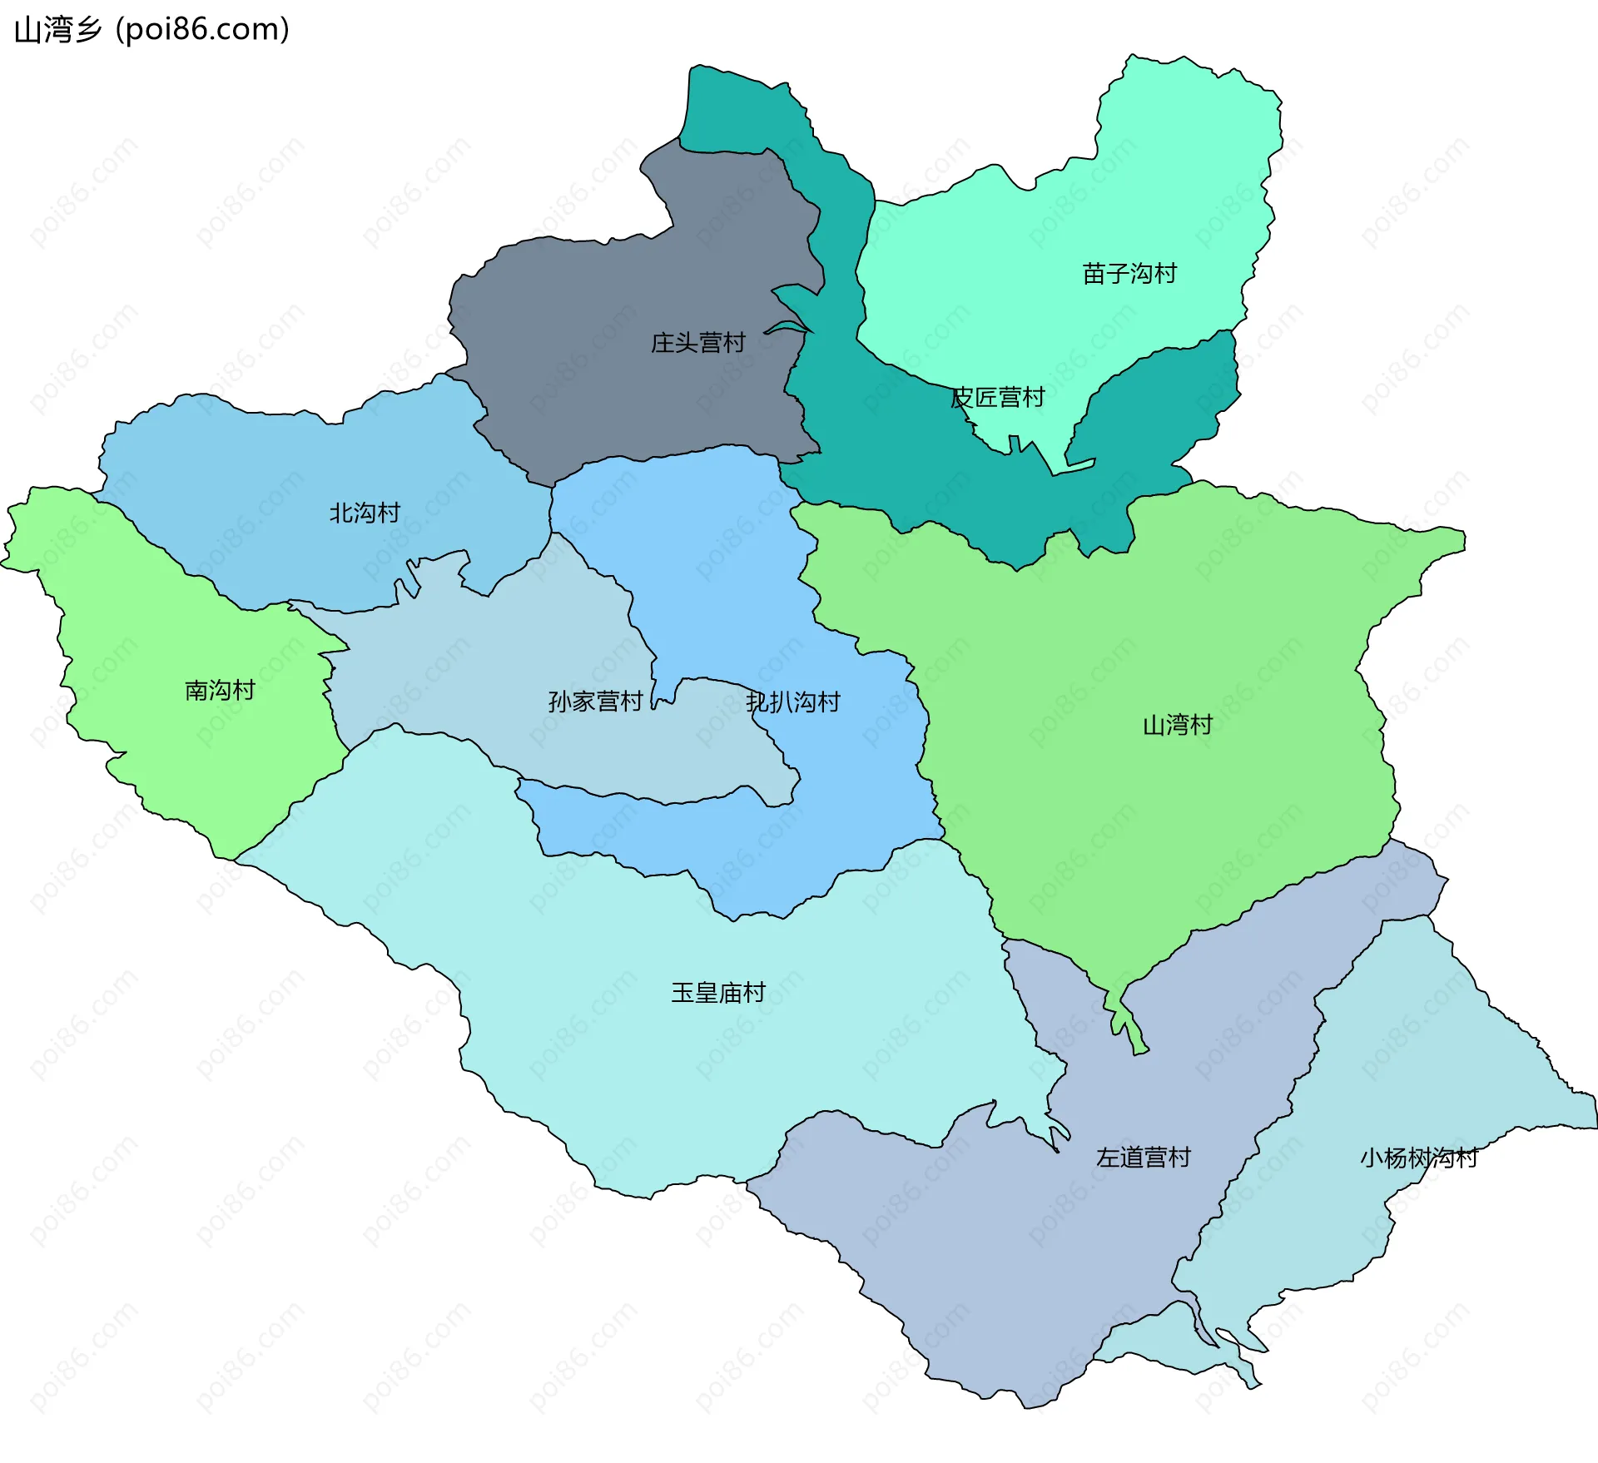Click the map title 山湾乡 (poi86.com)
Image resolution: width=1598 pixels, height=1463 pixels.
pyautogui.click(x=152, y=30)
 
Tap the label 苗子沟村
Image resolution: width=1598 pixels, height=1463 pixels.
pyautogui.click(x=1129, y=274)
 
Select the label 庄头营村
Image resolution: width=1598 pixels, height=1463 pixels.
pyautogui.click(x=697, y=343)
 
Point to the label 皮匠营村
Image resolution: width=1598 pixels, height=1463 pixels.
pyautogui.click(x=997, y=398)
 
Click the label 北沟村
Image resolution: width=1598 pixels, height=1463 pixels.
pyautogui.click(x=365, y=513)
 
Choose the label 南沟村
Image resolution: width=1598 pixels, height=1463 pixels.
pyautogui.click(x=220, y=690)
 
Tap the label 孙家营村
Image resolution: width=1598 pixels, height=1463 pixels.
pyautogui.click(x=595, y=702)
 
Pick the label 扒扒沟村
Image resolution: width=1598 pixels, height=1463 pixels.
pyautogui.click(x=793, y=702)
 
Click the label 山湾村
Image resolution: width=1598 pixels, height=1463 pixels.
pyautogui.click(x=1177, y=726)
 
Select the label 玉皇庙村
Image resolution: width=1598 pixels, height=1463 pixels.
pyautogui.click(x=718, y=993)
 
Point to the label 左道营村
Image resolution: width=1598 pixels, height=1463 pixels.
pyautogui.click(x=1144, y=1158)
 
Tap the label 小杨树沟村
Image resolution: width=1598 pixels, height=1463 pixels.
pyautogui.click(x=1418, y=1158)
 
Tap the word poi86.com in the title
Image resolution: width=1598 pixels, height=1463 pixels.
pyautogui.click(x=203, y=30)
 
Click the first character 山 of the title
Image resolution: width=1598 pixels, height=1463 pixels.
pyautogui.click(x=27, y=30)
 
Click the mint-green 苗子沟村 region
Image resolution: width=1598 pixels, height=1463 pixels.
pyautogui.click(x=1165, y=183)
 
